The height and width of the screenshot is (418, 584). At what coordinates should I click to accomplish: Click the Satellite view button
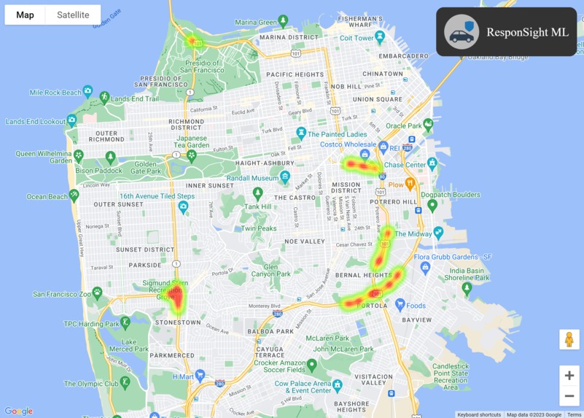73,15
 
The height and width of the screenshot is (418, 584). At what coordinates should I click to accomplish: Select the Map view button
25,15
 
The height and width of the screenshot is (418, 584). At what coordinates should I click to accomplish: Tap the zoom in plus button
569,376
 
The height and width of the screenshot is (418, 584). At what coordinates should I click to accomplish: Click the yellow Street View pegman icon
569,340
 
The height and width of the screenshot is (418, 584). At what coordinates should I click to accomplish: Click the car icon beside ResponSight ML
462,33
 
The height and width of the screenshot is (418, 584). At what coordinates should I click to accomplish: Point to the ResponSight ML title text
527,33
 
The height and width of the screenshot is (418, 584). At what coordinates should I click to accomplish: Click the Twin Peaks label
259,228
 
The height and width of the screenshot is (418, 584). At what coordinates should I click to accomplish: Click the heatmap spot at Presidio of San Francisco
193,41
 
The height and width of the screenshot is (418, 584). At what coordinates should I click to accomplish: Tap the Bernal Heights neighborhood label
361,274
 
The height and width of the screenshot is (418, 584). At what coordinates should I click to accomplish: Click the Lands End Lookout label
36,121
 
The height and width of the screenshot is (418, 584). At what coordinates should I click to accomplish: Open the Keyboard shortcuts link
479,414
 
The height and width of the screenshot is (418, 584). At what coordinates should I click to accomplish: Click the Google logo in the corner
18,411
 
